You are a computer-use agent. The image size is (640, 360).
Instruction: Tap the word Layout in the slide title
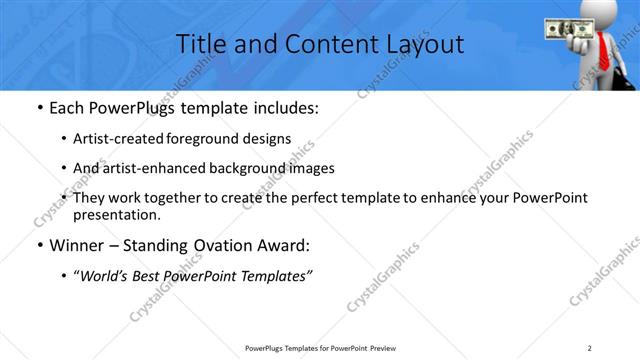click(425, 44)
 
